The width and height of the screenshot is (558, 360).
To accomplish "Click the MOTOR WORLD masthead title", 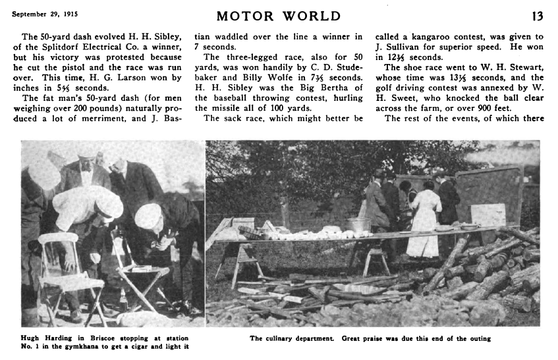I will (x=280, y=16).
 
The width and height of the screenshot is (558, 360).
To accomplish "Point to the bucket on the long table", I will (x=358, y=224).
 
